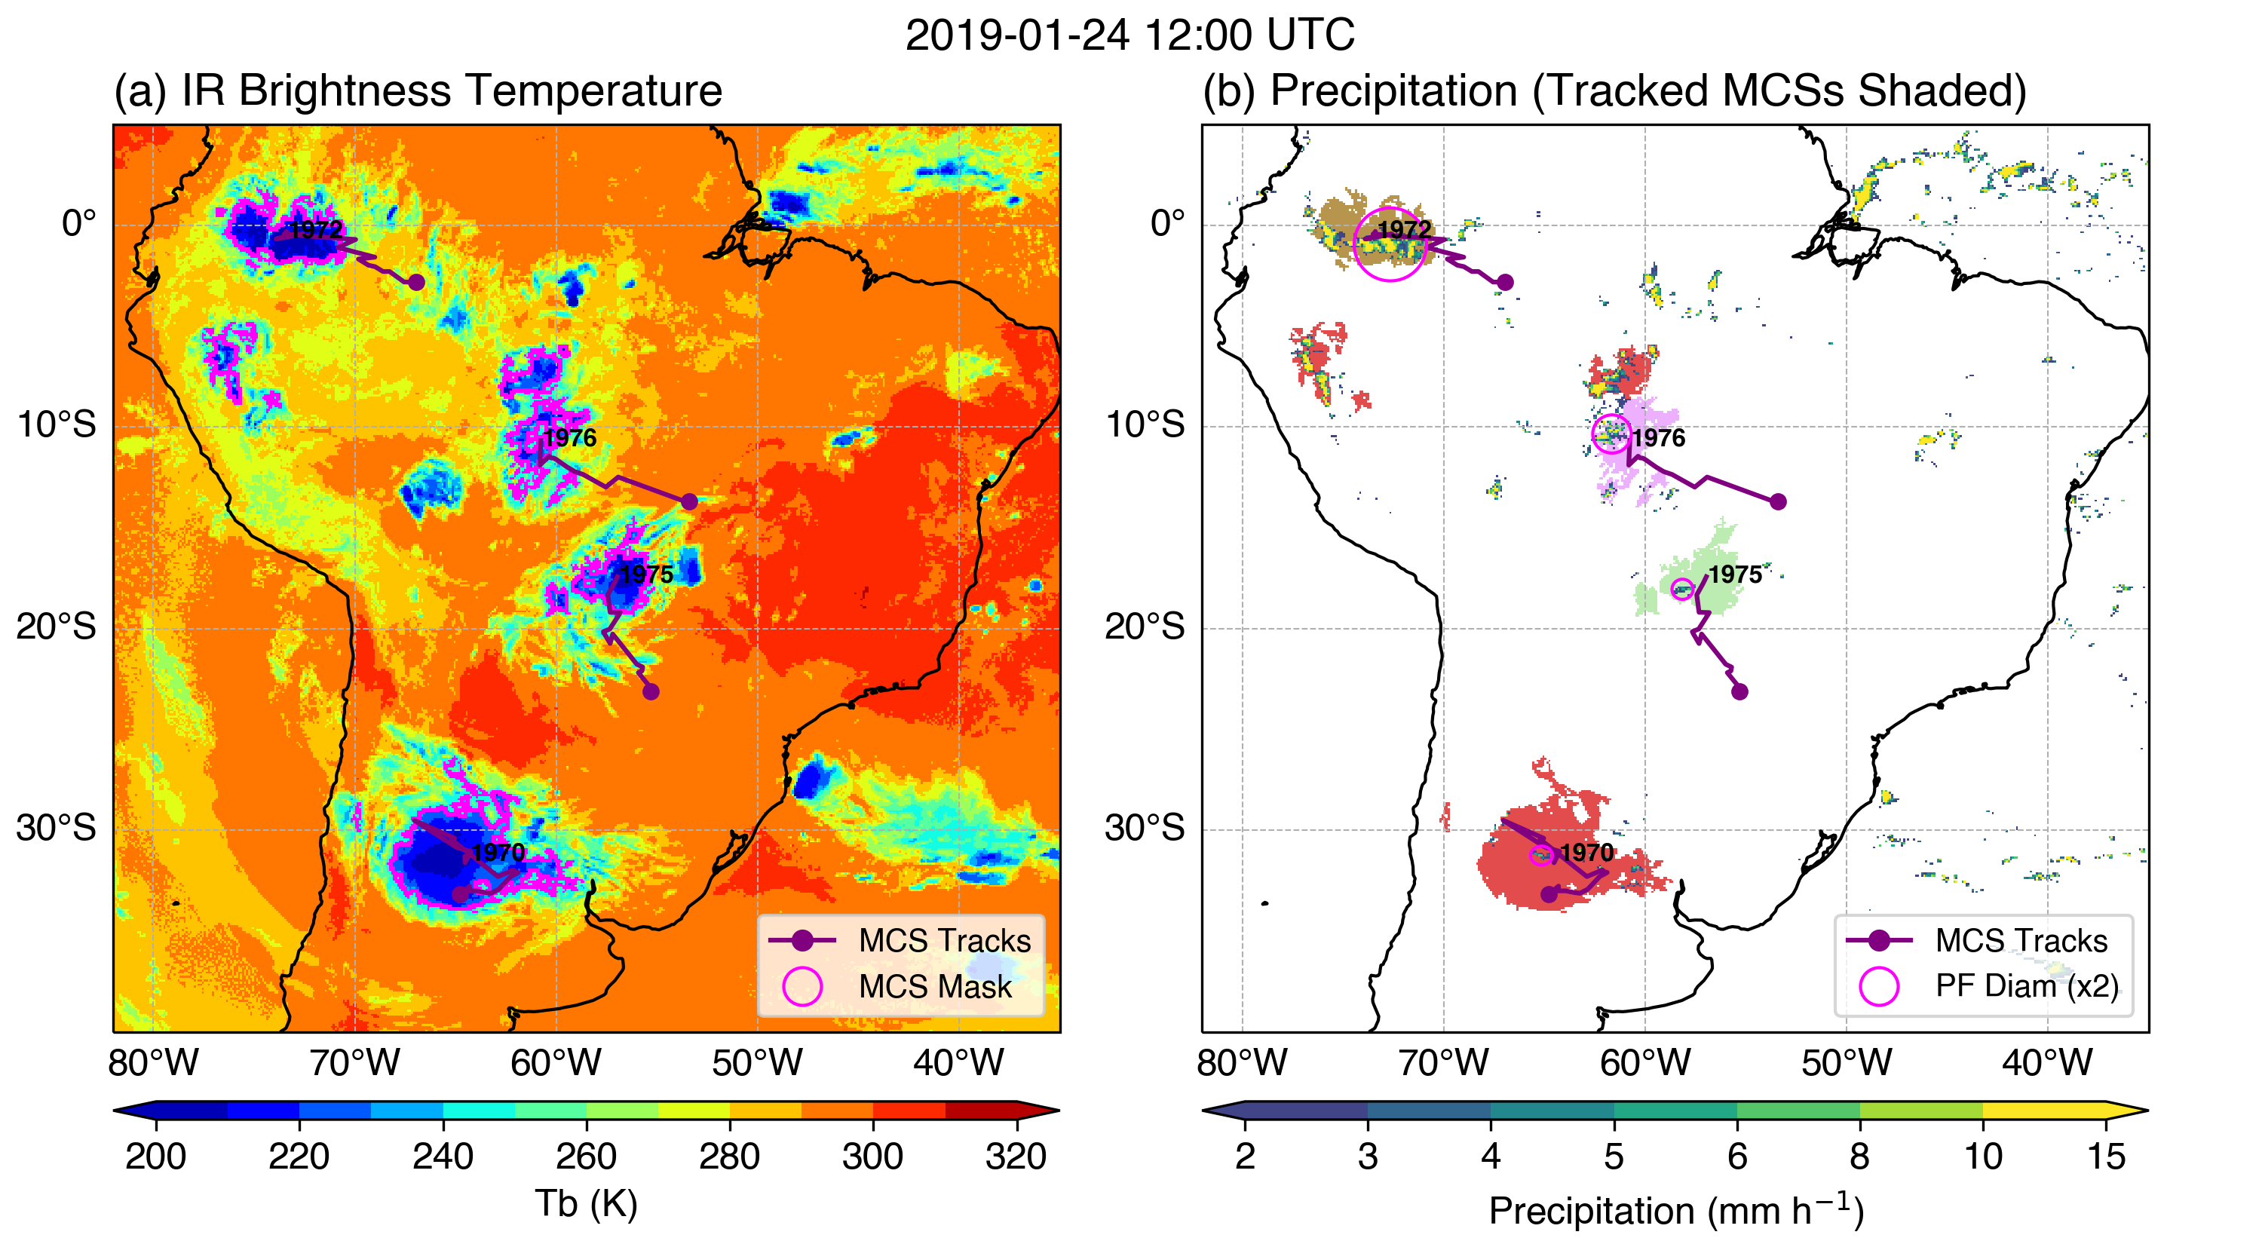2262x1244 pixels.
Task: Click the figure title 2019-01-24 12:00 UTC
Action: coord(1129,36)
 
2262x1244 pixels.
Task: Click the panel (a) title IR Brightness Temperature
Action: coord(417,90)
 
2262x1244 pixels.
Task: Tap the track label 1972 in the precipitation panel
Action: coord(1404,229)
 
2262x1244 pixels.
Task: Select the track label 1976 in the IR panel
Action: coord(569,437)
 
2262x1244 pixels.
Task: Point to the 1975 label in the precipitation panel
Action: coord(1734,575)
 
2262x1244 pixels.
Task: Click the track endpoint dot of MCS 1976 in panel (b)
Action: coord(1777,501)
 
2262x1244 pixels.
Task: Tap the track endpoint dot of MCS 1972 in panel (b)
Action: coord(1504,282)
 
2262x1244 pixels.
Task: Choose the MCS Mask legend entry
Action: coord(934,986)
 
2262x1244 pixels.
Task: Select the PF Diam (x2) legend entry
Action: coord(2026,986)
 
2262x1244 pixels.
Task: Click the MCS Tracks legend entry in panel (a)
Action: coord(944,940)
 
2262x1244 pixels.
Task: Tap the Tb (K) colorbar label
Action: coord(586,1203)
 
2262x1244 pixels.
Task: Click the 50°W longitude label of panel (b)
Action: coord(1846,1062)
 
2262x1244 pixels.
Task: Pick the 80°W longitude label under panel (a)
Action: coord(154,1062)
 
